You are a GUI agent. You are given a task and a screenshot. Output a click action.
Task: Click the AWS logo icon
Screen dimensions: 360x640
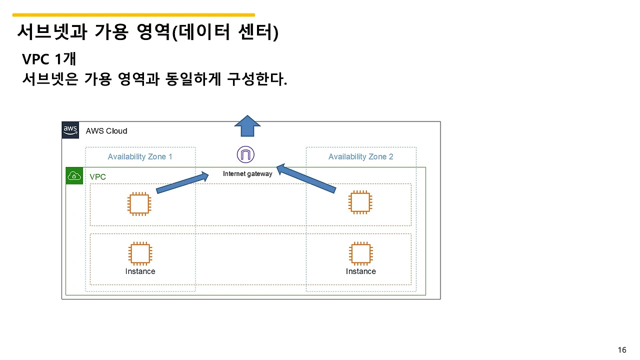(70, 130)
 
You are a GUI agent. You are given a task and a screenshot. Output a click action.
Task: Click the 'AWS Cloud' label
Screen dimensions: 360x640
(106, 131)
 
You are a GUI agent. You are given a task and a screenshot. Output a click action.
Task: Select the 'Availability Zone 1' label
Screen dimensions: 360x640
(140, 157)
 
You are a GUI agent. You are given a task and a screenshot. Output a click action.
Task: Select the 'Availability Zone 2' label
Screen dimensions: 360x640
(360, 157)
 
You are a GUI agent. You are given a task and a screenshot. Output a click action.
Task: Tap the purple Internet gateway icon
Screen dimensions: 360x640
(245, 154)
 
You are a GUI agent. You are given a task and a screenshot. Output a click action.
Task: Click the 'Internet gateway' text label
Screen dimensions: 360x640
(247, 174)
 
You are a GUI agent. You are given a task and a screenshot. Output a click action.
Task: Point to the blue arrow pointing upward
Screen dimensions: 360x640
(247, 126)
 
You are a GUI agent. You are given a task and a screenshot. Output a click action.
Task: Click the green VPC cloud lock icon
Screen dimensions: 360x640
(74, 176)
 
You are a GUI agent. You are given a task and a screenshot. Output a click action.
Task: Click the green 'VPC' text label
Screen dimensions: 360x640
(97, 177)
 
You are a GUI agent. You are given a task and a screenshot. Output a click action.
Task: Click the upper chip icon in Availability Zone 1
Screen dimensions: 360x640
(139, 203)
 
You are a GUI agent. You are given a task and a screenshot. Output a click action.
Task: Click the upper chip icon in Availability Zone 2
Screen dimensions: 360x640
(360, 202)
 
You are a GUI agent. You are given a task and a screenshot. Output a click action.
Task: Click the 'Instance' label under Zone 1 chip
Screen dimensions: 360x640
(140, 271)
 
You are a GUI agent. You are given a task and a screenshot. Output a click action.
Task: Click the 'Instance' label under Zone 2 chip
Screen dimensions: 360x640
(360, 271)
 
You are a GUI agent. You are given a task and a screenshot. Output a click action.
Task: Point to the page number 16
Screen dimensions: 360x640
(622, 350)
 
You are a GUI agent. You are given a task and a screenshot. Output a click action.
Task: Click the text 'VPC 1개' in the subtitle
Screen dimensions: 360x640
(49, 59)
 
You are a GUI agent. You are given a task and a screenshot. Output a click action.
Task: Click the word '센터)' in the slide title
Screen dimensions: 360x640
(257, 32)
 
